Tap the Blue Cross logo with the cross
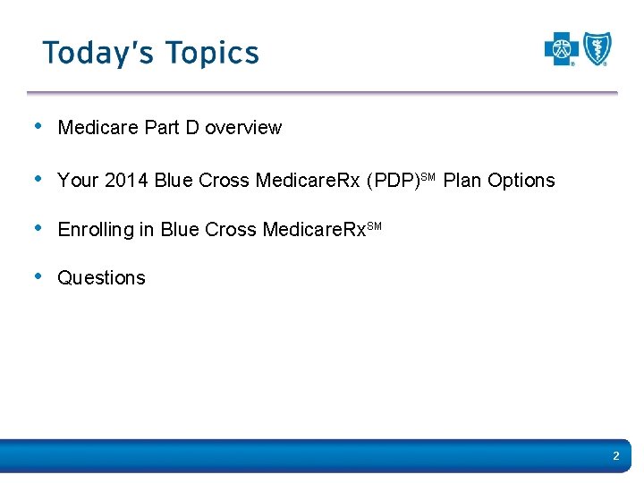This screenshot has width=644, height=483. [562, 49]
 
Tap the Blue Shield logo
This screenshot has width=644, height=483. [597, 49]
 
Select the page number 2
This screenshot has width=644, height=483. [615, 457]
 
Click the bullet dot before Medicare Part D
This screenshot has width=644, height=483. [36, 126]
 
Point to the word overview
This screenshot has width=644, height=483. [243, 128]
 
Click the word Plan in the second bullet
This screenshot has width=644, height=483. [462, 181]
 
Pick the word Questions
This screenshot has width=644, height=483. [101, 278]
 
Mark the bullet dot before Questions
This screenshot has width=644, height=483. [36, 276]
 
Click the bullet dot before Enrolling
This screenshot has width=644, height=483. [36, 228]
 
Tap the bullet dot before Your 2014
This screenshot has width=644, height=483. [36, 179]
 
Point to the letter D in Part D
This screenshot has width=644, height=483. [192, 128]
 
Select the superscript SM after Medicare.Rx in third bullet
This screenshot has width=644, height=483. [374, 225]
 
